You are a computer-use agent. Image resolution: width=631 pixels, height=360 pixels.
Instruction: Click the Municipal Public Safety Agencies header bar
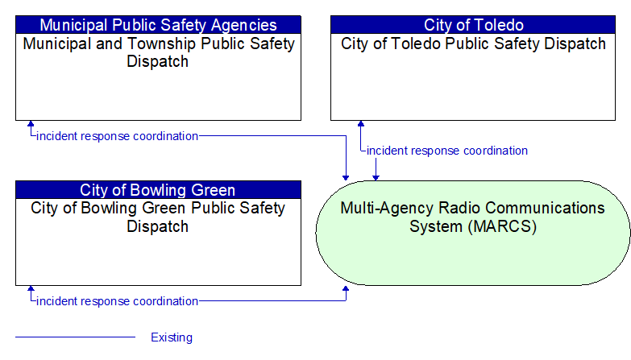[x=158, y=24]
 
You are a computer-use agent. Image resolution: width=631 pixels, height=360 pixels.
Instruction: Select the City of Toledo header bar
[x=473, y=24]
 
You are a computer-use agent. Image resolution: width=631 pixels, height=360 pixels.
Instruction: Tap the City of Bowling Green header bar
[x=158, y=190]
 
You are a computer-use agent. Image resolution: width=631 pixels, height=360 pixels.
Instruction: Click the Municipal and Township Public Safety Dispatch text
[x=158, y=52]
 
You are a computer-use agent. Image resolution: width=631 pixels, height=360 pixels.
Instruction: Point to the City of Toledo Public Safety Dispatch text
[x=473, y=43]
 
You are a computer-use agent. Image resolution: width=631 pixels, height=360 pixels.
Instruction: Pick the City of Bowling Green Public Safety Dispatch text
[x=158, y=217]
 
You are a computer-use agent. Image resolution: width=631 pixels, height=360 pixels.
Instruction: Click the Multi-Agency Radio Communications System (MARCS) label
[x=473, y=217]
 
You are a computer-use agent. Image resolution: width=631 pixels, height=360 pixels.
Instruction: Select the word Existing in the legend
[x=172, y=337]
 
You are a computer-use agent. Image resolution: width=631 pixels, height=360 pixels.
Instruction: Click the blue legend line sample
[x=75, y=337]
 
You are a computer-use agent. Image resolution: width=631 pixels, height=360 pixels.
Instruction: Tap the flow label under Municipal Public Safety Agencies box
[x=117, y=136]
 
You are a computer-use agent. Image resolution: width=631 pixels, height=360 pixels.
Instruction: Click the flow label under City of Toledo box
[x=447, y=151]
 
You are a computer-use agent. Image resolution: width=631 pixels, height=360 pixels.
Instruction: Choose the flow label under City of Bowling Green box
[x=117, y=301]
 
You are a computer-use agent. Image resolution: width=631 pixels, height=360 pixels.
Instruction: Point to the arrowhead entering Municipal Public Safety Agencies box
[x=31, y=123]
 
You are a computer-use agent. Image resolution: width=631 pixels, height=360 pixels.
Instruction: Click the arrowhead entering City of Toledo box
[x=361, y=123]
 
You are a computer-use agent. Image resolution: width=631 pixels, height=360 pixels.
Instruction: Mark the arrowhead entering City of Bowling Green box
[x=31, y=289]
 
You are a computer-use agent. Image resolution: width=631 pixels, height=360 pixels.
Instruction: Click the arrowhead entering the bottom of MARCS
[x=346, y=288]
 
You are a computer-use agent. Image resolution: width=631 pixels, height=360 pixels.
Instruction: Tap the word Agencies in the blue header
[x=243, y=25]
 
